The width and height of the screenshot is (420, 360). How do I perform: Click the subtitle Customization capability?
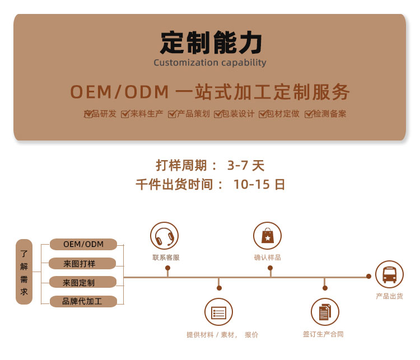click(210, 63)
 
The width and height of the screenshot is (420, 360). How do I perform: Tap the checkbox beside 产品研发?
click(88, 114)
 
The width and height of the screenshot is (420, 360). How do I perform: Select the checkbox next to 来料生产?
click(125, 114)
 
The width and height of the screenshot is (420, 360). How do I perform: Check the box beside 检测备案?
click(309, 114)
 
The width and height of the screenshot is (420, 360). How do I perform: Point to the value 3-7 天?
click(245, 165)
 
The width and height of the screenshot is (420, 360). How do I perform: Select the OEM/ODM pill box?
click(83, 244)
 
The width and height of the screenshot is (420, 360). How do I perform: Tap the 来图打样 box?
click(82, 263)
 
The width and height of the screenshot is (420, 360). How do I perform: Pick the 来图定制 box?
click(82, 282)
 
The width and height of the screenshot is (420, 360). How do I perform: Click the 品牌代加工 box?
click(82, 301)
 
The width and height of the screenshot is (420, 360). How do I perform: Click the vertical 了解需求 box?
click(24, 272)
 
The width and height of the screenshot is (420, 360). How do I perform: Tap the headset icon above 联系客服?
click(164, 236)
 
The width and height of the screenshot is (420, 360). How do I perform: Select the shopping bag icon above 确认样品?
click(268, 236)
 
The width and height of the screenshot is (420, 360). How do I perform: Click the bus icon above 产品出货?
click(389, 274)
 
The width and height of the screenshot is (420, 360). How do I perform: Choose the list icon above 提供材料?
click(218, 312)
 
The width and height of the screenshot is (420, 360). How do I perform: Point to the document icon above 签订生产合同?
click(325, 312)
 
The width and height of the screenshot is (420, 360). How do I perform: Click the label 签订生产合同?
click(323, 334)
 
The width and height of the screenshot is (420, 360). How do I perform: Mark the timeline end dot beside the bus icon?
click(368, 276)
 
